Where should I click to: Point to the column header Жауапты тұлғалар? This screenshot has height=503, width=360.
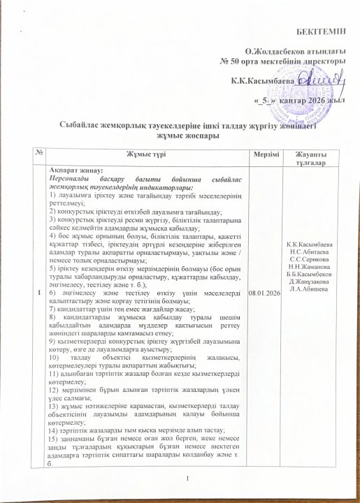[x=310, y=157]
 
